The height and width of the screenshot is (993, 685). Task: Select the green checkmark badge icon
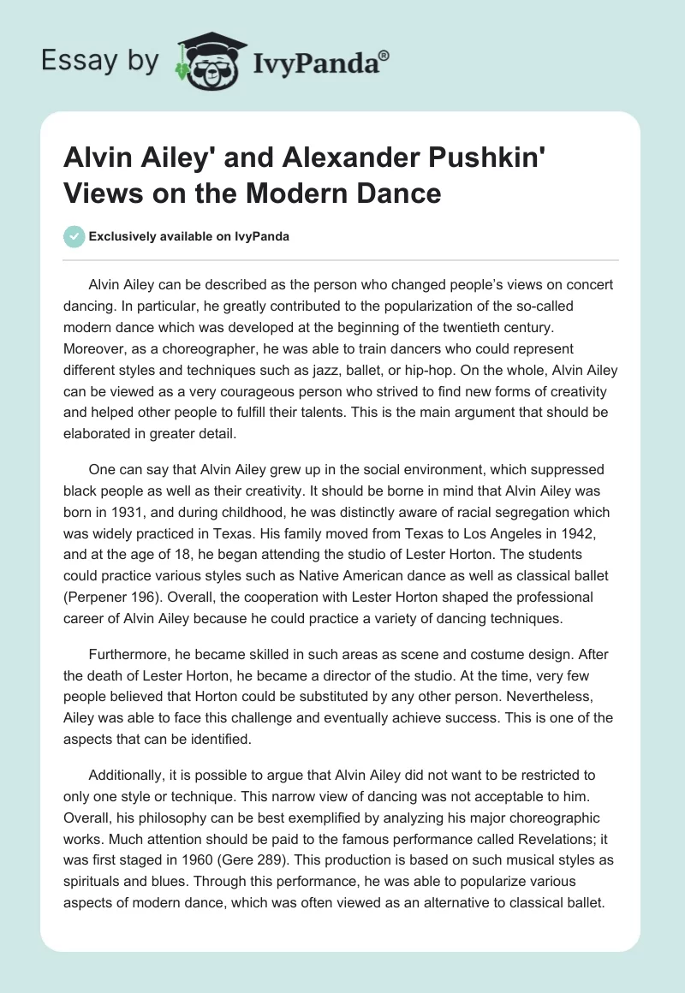tap(74, 236)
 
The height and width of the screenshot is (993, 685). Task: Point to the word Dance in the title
tap(399, 193)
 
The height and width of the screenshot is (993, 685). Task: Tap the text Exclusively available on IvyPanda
tap(188, 236)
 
